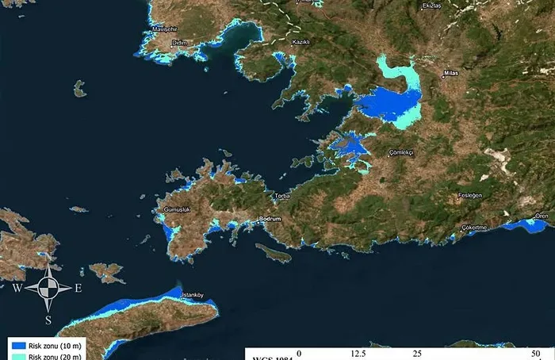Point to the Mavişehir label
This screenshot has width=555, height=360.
[166, 32]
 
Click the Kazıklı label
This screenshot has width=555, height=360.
[301, 41]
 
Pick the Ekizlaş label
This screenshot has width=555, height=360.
[431, 6]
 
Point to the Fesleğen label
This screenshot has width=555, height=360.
[472, 195]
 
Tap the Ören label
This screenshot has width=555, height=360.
[542, 216]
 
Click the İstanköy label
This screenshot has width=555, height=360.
[194, 296]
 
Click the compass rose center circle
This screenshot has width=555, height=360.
[48, 288]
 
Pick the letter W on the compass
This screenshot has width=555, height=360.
[17, 289]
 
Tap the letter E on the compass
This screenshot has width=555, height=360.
[78, 289]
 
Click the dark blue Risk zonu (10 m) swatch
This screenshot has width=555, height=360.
[17, 346]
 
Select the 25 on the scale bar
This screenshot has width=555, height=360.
[418, 353]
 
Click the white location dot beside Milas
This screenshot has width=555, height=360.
[442, 77]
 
